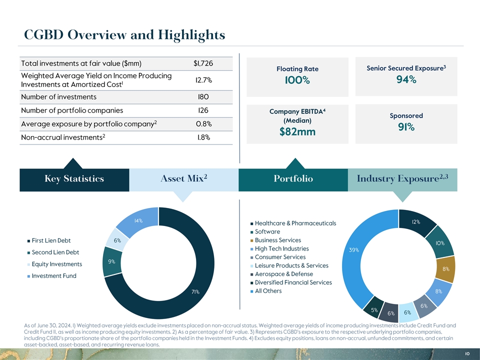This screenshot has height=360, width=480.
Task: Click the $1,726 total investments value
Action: tap(203, 63)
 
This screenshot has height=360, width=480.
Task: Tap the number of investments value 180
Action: tap(203, 97)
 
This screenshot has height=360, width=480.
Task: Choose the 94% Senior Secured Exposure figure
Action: tap(405, 80)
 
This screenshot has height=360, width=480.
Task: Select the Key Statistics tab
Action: tap(74, 179)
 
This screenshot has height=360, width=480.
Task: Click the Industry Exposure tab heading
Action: tap(405, 179)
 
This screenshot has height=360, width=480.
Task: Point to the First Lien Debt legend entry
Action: tap(51, 240)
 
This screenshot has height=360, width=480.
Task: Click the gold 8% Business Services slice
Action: tap(445, 269)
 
